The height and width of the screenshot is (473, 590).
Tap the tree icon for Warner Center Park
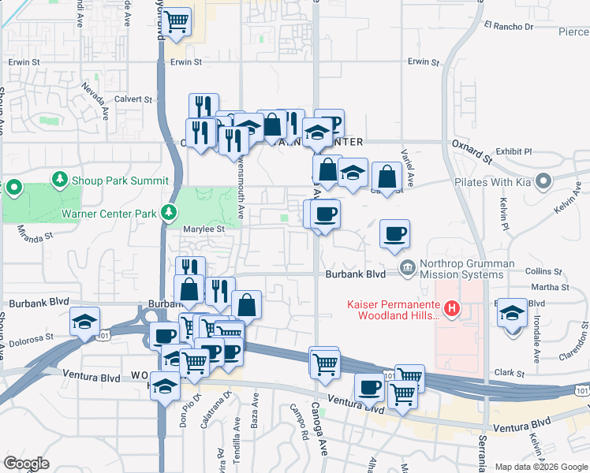click(x=167, y=212)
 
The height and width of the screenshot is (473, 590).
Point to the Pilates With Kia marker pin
click(x=542, y=182)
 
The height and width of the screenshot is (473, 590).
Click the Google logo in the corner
click(x=27, y=463)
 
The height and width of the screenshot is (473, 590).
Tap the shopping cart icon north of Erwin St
click(x=177, y=20)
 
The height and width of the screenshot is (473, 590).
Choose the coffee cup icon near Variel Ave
click(x=394, y=233)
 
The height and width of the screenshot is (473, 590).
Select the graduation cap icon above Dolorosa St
click(x=84, y=321)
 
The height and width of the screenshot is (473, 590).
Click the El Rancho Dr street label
click(x=509, y=27)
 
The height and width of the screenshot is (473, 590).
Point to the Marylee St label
click(x=205, y=229)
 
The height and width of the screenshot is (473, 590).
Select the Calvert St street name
click(x=133, y=99)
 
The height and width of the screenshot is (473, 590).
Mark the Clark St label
click(x=510, y=373)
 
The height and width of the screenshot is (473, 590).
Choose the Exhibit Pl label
click(x=514, y=151)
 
